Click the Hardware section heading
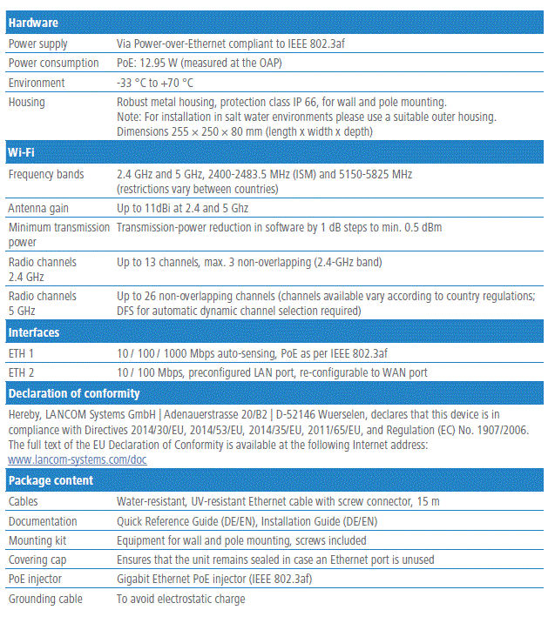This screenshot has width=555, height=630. click(x=33, y=23)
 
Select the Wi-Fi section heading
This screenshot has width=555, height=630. click(x=22, y=153)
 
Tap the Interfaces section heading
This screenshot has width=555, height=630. click(x=34, y=332)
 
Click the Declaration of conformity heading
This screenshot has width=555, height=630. click(x=70, y=393)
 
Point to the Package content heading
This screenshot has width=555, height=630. click(x=51, y=480)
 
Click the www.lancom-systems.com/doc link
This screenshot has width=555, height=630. click(x=78, y=459)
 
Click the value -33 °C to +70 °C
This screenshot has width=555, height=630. click(x=155, y=83)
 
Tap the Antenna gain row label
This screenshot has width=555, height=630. click(x=38, y=209)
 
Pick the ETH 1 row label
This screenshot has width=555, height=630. click(x=21, y=352)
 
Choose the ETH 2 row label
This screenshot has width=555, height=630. click(x=21, y=372)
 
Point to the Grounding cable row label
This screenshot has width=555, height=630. click(x=46, y=599)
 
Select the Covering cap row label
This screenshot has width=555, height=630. click(x=37, y=560)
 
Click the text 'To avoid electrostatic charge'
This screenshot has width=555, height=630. click(x=181, y=599)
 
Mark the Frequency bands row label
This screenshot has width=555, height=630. click(x=46, y=174)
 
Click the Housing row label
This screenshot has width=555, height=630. click(x=27, y=102)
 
